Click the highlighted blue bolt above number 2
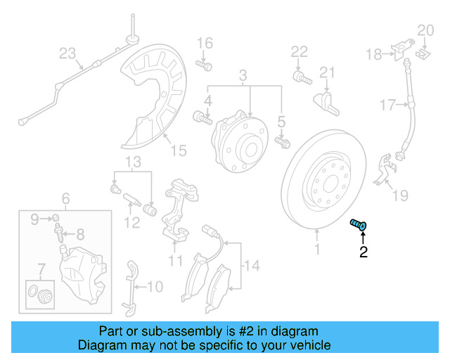coord(359,224)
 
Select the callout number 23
coord(67,53)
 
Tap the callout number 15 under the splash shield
coord(179,150)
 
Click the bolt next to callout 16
coord(206,65)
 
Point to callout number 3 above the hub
coord(243,75)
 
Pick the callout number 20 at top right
coord(426,30)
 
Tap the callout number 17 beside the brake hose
coord(388,105)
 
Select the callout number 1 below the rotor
coord(316,248)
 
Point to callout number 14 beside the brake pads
coord(252,265)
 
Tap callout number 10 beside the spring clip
coord(155,287)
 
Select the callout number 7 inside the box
coord(41,268)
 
